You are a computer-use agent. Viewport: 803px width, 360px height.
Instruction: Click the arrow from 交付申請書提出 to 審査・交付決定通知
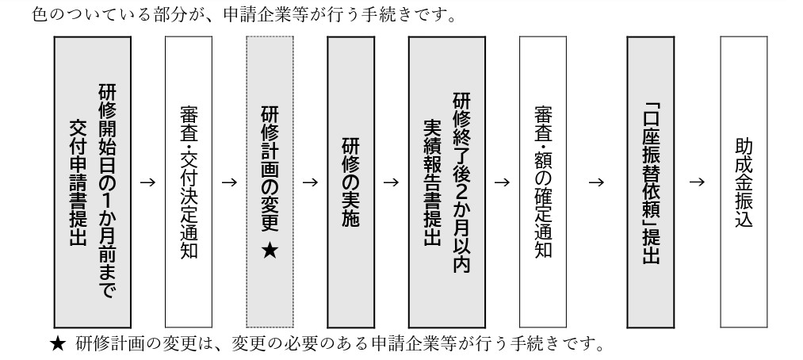point(146,183)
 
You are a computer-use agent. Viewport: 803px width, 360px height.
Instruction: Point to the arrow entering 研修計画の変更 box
point(229,183)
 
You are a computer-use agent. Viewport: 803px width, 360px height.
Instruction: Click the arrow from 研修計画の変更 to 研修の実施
point(310,183)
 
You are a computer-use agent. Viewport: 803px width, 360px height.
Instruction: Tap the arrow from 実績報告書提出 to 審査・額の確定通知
point(501,183)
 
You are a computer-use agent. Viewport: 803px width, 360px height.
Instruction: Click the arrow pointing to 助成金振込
point(697,183)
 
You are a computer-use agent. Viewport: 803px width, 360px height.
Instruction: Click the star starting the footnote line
point(55,345)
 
